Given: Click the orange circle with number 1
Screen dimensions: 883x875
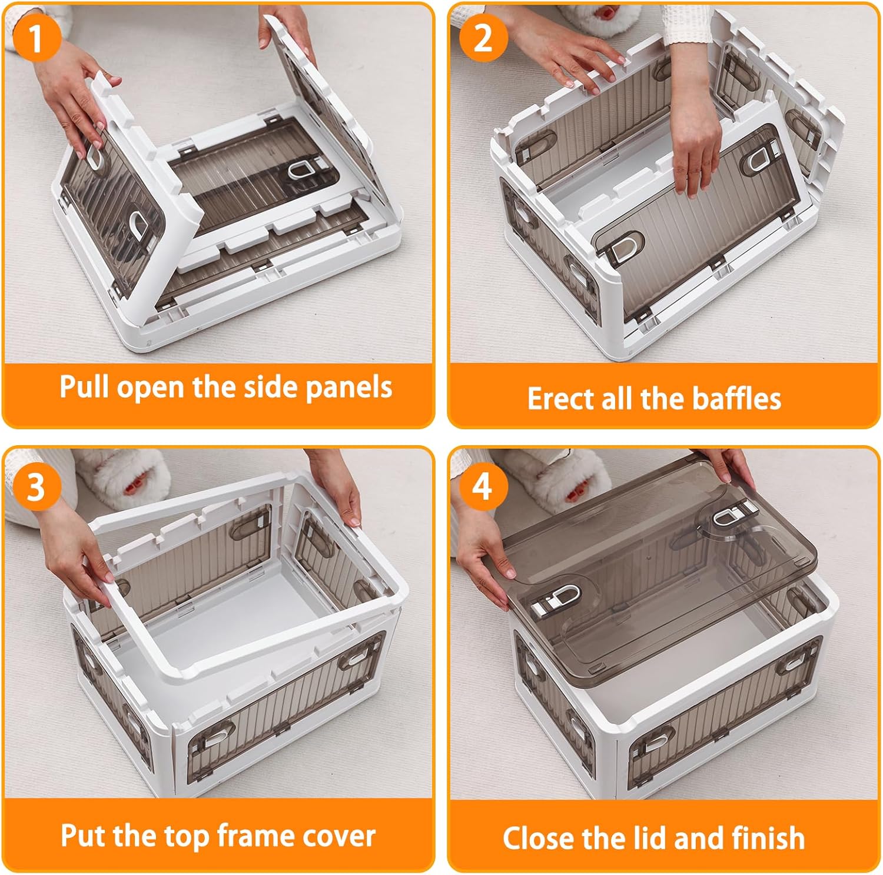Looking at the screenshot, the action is click(36, 36).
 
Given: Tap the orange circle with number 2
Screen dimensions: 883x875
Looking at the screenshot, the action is click(483, 36).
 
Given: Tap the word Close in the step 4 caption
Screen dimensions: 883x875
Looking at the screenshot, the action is click(538, 838).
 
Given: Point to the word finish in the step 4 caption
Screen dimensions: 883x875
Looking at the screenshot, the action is click(768, 837).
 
